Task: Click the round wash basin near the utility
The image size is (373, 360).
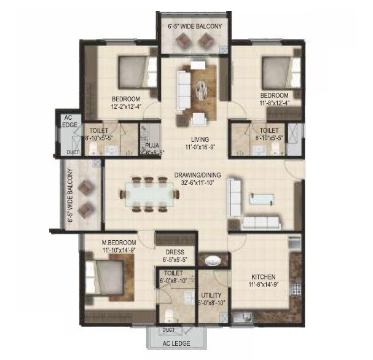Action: point(212,260)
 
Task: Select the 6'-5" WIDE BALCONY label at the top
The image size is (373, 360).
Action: point(195,26)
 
